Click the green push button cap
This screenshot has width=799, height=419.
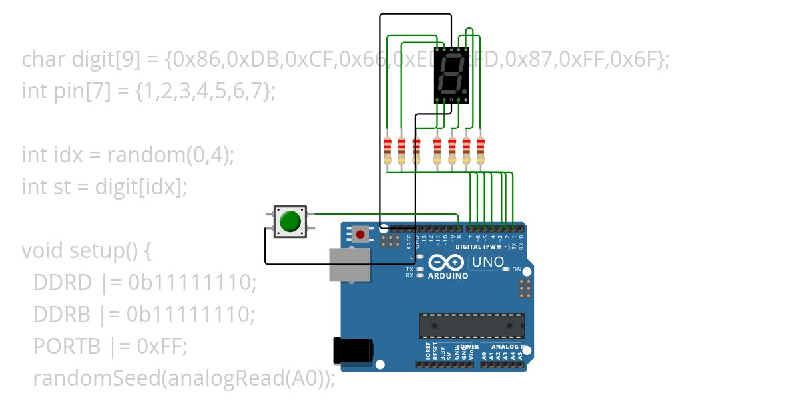pyautogui.click(x=290, y=221)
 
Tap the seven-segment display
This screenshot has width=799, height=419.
pyautogui.click(x=451, y=74)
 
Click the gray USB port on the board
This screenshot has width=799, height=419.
pyautogui.click(x=350, y=264)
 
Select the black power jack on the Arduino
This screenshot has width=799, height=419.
pyautogui.click(x=352, y=350)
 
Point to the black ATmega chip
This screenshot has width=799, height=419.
pyautogui.click(x=471, y=325)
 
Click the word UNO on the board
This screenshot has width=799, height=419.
pyautogui.click(x=487, y=263)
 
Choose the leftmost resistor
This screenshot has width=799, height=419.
pyautogui.click(x=388, y=150)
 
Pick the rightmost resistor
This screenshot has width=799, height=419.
pyautogui.click(x=480, y=150)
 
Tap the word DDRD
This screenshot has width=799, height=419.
pyautogui.click(x=62, y=283)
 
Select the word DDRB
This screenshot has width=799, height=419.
pyautogui.click(x=62, y=315)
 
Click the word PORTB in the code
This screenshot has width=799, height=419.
pyautogui.click(x=66, y=347)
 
